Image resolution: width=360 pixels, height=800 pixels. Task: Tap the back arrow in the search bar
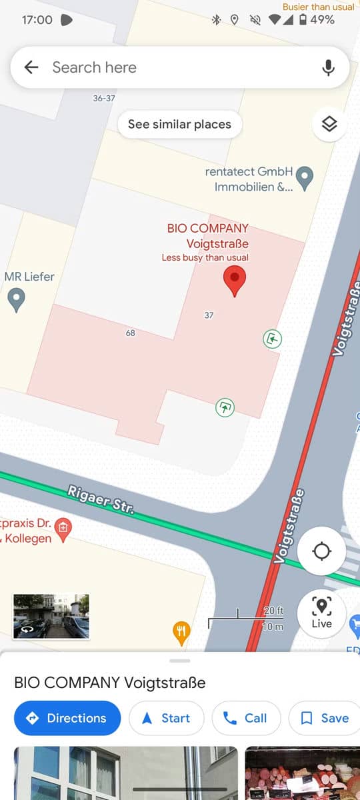pos(31,67)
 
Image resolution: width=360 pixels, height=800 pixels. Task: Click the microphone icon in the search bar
pos(328,67)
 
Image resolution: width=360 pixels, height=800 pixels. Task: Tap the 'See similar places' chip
pos(179,124)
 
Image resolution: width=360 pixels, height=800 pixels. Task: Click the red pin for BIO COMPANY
pos(234,280)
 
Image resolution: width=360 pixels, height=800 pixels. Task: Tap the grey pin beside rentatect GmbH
pos(305,178)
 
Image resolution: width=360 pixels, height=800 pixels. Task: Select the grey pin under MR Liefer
pos(16,299)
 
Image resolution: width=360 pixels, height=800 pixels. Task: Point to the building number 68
pos(131,333)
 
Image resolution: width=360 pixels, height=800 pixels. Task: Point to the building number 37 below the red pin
pos(209,315)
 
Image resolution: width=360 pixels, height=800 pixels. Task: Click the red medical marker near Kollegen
pos(63,529)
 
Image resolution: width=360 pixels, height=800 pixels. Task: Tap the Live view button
pos(321,611)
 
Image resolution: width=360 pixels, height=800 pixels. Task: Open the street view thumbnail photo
pos(51,617)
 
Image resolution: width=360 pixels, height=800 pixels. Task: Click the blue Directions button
pos(67,718)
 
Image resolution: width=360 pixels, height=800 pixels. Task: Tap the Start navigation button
pos(167,718)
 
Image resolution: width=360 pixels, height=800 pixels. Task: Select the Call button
pos(245,718)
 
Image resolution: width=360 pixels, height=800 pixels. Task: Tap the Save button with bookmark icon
pos(325,718)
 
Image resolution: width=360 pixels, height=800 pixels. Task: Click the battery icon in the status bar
pos(303,20)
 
